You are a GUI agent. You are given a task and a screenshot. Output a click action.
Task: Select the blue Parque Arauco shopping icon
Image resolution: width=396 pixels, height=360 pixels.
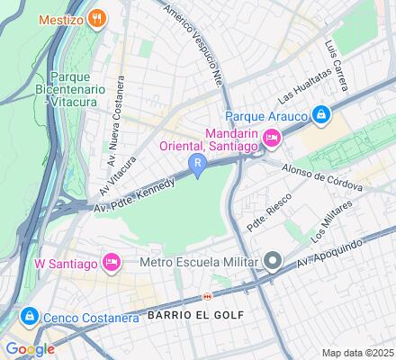point(320,114)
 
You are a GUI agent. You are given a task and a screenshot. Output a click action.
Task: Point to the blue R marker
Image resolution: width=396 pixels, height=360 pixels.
point(197,163)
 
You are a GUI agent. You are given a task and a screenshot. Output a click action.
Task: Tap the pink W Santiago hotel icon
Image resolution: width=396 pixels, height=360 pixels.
point(112,263)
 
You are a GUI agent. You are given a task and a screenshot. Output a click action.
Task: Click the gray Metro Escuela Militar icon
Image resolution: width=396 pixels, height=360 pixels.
point(273,263)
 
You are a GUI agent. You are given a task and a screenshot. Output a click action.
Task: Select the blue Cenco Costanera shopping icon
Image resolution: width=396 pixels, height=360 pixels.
point(29,317)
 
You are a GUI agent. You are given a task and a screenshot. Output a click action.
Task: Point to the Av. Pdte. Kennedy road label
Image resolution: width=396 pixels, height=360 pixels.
point(135,193)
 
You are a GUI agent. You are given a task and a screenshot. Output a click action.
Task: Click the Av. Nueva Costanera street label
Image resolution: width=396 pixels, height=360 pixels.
point(114,121)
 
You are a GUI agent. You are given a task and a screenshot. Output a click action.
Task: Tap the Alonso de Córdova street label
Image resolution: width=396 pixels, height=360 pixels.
point(322,175)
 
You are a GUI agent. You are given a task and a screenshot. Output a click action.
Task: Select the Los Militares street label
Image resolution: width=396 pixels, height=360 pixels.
point(331,223)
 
